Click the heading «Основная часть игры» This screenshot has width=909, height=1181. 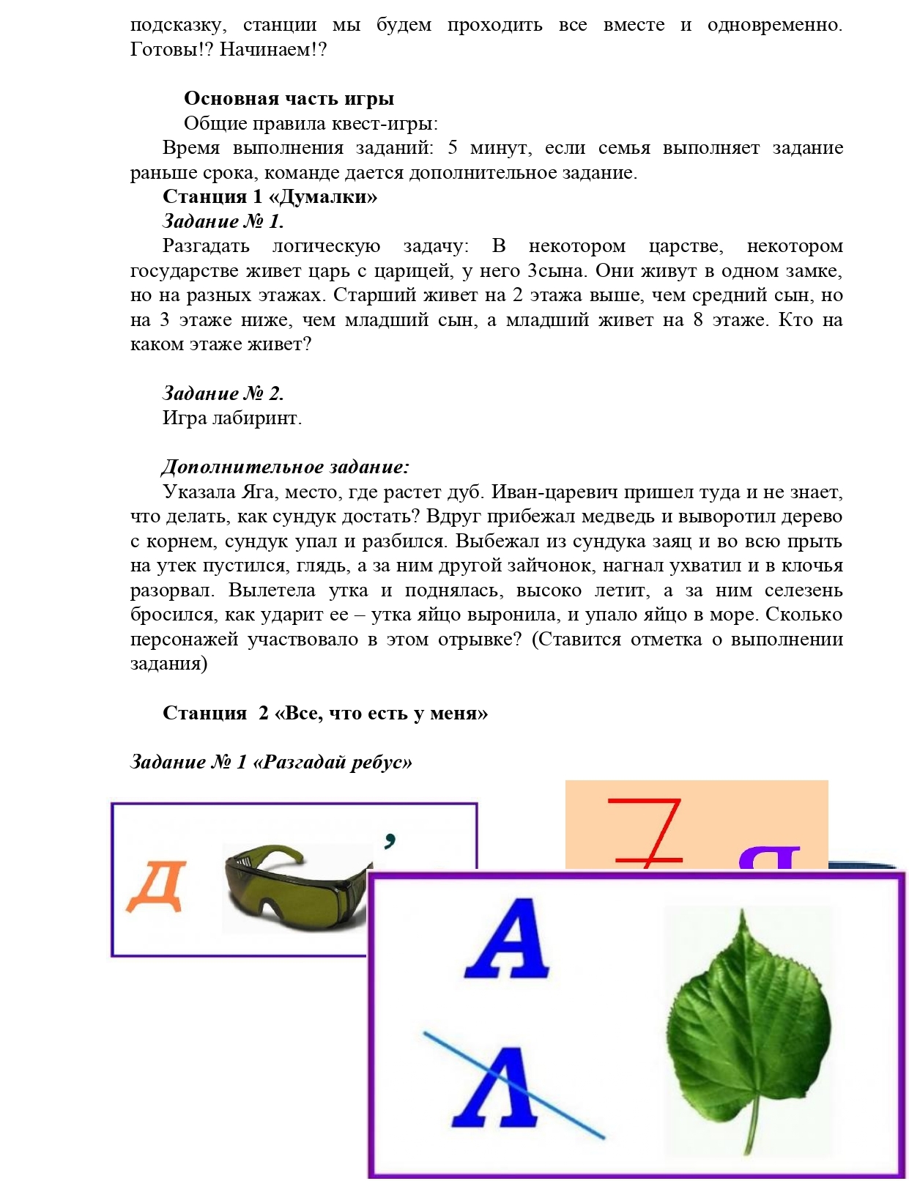click(x=289, y=99)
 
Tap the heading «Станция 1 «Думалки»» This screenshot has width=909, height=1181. click(x=270, y=197)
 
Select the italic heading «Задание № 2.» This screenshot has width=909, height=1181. click(x=223, y=394)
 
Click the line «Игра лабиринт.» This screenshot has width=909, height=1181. click(x=231, y=418)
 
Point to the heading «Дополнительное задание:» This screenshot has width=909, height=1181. click(x=285, y=467)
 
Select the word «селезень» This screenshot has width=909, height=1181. click(x=804, y=590)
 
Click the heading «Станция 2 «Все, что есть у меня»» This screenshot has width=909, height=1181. click(x=324, y=714)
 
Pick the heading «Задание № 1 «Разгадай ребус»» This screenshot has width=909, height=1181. click(x=271, y=763)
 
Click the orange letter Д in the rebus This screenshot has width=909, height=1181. click(x=156, y=886)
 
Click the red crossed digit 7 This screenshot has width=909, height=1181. click(x=648, y=832)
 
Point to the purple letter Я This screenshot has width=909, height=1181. click(x=769, y=857)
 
